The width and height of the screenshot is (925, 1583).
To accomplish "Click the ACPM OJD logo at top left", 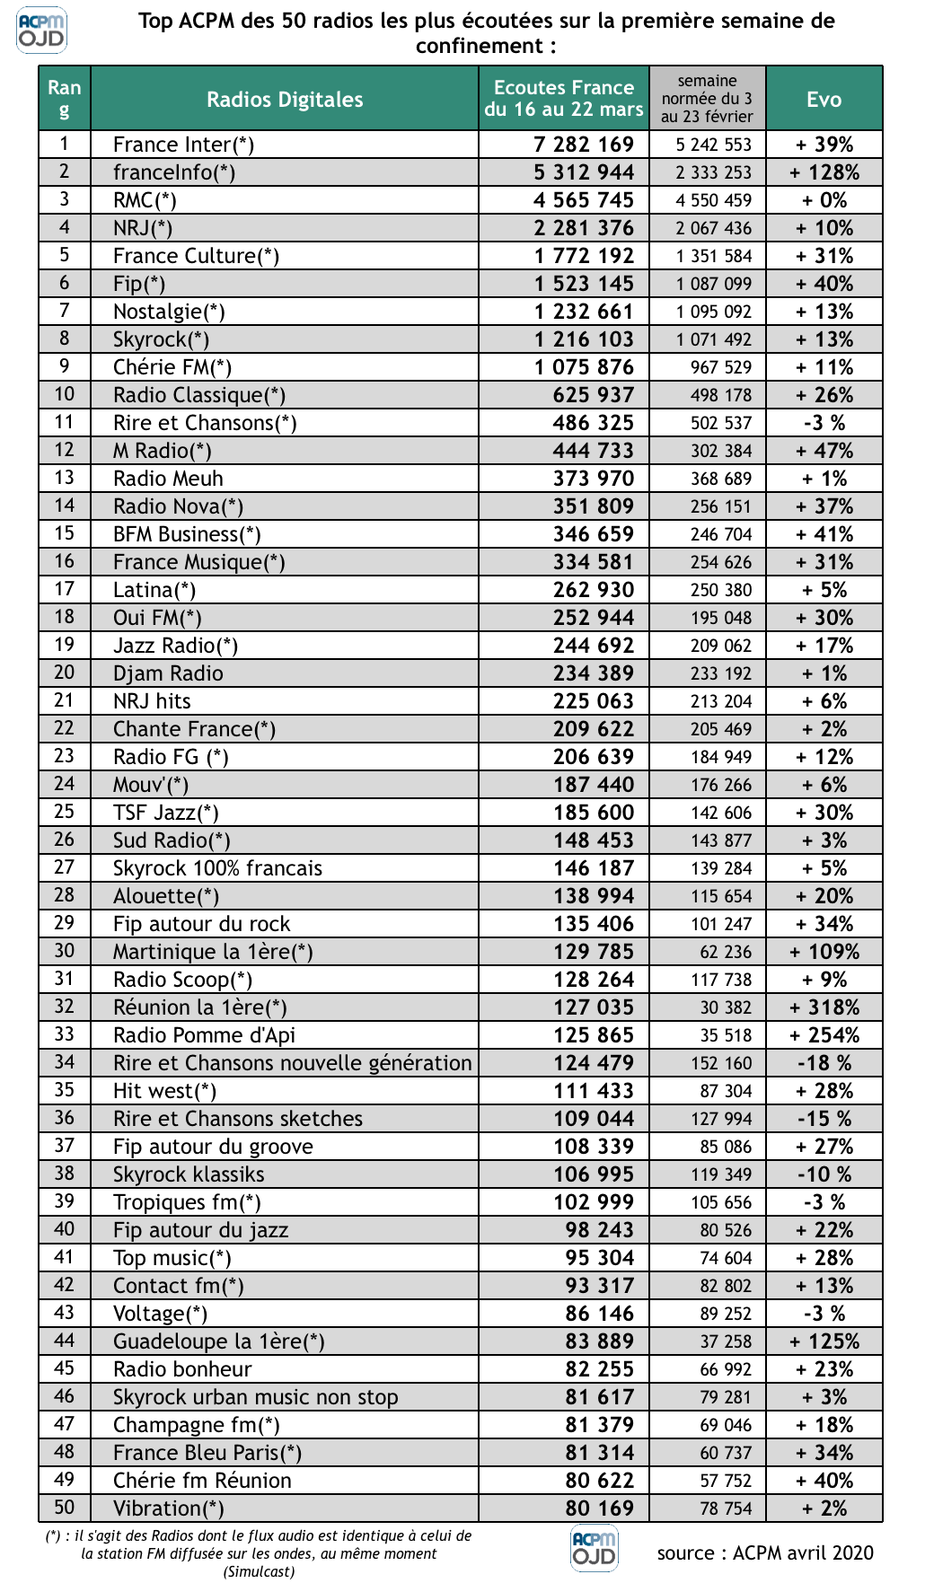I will (41, 29).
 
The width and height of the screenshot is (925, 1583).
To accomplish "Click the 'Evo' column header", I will (824, 100).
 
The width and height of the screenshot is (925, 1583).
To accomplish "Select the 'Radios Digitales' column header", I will (285, 100).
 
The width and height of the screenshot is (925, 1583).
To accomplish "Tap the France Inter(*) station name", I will (183, 145).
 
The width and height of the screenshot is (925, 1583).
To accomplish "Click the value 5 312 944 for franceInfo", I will (584, 172).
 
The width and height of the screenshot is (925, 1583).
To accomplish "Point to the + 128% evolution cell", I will (824, 172).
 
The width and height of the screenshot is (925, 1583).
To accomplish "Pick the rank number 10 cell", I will (65, 394).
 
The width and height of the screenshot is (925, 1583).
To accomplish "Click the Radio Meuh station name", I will (168, 479).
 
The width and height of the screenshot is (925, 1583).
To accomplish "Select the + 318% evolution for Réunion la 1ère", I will (824, 1007).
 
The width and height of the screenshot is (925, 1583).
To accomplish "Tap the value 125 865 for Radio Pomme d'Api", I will (593, 1035).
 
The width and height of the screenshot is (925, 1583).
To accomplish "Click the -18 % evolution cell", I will (824, 1063).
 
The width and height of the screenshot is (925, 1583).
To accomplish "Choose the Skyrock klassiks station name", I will (189, 1174).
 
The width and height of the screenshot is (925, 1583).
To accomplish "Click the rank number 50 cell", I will (65, 1508).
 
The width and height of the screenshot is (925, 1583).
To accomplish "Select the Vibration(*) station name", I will (169, 1508).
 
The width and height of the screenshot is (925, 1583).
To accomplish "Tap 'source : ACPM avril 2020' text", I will (765, 1553).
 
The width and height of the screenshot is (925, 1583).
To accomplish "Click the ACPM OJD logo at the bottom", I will (594, 1549).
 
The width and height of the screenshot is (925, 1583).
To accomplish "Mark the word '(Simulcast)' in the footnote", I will (259, 1571).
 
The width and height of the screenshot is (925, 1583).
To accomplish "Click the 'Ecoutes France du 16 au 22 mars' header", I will (564, 99).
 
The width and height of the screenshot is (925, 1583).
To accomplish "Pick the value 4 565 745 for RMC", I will (584, 200).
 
